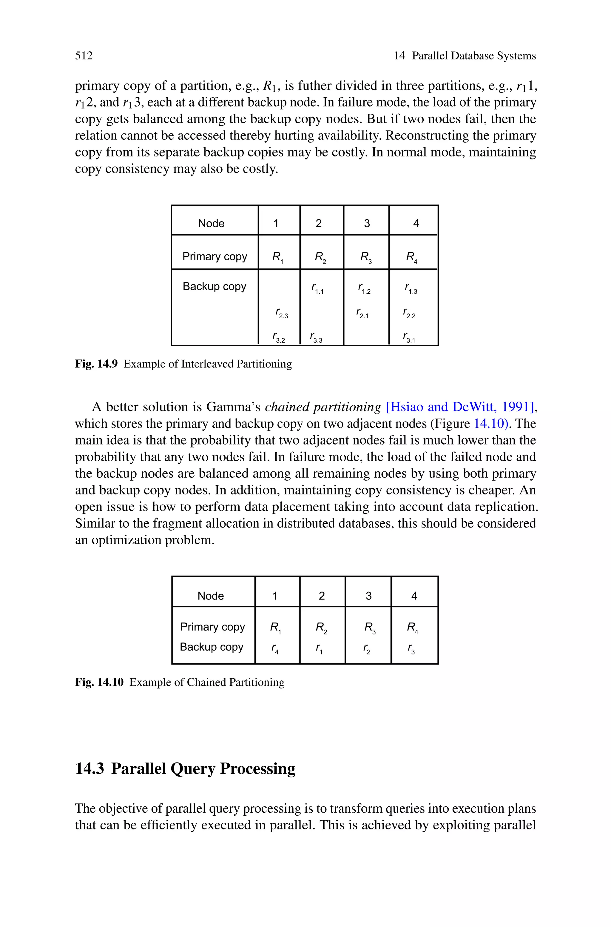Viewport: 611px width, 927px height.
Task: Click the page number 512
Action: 84,56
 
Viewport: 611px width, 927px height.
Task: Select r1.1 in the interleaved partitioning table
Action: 317,289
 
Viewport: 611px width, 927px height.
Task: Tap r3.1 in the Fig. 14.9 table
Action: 409,338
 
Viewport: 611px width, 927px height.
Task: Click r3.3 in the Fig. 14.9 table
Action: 316,338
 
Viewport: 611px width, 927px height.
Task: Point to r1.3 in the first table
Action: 411,289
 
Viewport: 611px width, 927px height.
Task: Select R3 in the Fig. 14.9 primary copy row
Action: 365,257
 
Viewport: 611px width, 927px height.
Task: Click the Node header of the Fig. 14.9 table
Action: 211,223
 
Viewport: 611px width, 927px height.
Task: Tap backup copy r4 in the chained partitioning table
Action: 275,649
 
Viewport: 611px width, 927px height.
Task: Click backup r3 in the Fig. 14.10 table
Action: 411,649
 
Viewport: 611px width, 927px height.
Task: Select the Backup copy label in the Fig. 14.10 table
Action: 212,647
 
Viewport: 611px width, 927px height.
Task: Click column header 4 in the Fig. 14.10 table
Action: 414,596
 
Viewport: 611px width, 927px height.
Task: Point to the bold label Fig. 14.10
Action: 99,682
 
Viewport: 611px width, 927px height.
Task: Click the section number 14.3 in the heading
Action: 89,769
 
